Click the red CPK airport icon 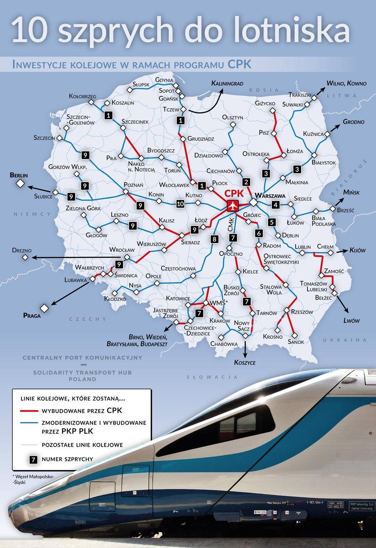pyautogui.click(x=233, y=205)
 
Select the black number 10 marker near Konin pyautogui.click(x=180, y=204)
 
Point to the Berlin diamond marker pyautogui.click(x=20, y=184)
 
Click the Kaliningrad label pyautogui.click(x=227, y=84)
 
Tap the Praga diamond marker pyautogui.click(x=44, y=307)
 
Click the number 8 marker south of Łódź pyautogui.click(x=214, y=239)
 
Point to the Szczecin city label pyautogui.click(x=44, y=137)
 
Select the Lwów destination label pyautogui.click(x=351, y=321)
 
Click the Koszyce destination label pyautogui.click(x=244, y=363)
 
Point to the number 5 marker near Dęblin pyautogui.click(x=272, y=223)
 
